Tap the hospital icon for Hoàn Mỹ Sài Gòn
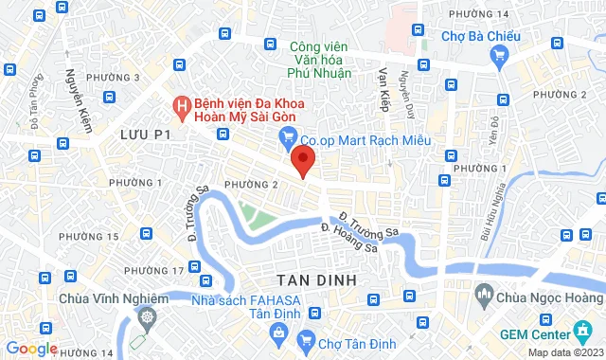coord(178,104)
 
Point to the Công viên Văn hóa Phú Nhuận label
coord(307,59)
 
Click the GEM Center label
coord(534,334)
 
